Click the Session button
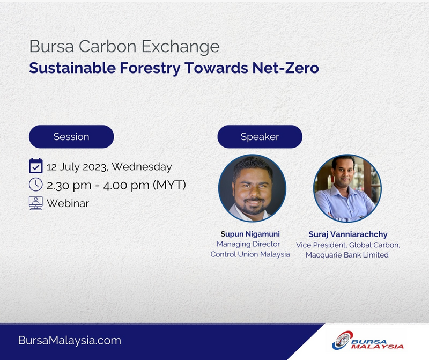click(71, 137)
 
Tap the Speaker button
click(260, 137)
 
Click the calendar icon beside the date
click(36, 166)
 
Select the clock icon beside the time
click(36, 185)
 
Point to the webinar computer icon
click(36, 203)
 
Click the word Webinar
click(68, 203)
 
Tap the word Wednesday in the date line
click(142, 167)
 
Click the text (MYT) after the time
click(169, 185)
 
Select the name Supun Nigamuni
click(250, 234)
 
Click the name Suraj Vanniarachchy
click(348, 234)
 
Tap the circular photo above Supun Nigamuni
click(252, 188)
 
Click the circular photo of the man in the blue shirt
click(347, 188)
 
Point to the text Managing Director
click(248, 244)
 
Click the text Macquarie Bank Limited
click(347, 255)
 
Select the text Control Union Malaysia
click(250, 254)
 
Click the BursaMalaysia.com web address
click(70, 340)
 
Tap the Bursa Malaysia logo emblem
click(341, 340)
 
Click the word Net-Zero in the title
click(286, 68)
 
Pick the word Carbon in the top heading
click(108, 46)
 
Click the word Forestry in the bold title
click(150, 68)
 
